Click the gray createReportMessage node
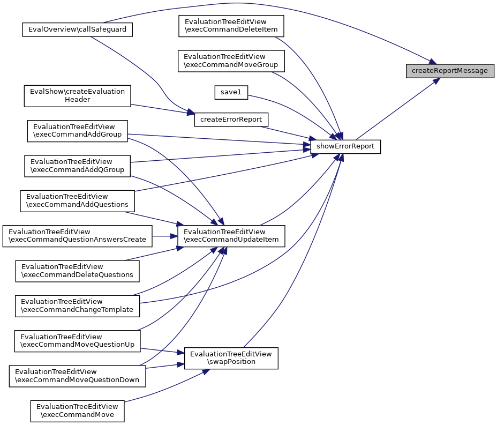pos(449,71)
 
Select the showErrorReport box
pos(345,146)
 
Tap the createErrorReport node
pos(231,120)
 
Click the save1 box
pos(231,93)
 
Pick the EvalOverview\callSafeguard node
pos(77,29)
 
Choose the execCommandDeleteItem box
pos(231,26)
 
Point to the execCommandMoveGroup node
pos(231,61)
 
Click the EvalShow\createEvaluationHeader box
pos(77,95)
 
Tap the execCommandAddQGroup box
pos(77,166)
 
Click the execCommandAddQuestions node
pos(77,200)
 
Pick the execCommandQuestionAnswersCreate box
pos(77,236)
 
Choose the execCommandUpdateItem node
pos(231,236)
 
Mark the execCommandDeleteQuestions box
pos(77,271)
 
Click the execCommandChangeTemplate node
pos(77,305)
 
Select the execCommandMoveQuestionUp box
pos(77,341)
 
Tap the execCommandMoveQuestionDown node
pos(77,376)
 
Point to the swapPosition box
pos(231,358)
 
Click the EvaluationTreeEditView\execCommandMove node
pos(77,411)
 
